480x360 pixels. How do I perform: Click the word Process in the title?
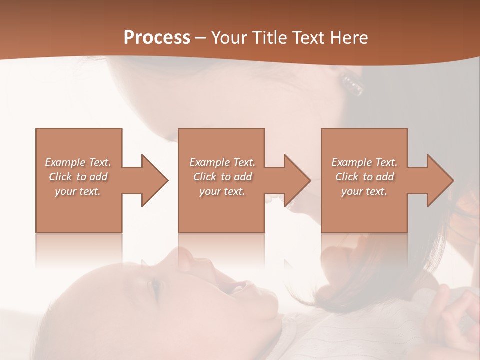pos(157,38)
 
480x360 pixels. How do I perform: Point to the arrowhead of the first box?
pos(153,180)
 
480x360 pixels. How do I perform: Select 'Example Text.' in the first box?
pos(78,162)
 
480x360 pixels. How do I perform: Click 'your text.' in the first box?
pos(78,191)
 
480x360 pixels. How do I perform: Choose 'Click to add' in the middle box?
pos(222,177)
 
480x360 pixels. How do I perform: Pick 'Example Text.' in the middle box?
pos(222,162)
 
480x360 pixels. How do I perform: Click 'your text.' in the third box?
pos(364,191)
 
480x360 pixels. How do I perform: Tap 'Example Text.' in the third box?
pos(364,162)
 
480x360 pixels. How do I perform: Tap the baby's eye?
pos(155,287)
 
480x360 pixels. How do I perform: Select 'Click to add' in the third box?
pos(364,177)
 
